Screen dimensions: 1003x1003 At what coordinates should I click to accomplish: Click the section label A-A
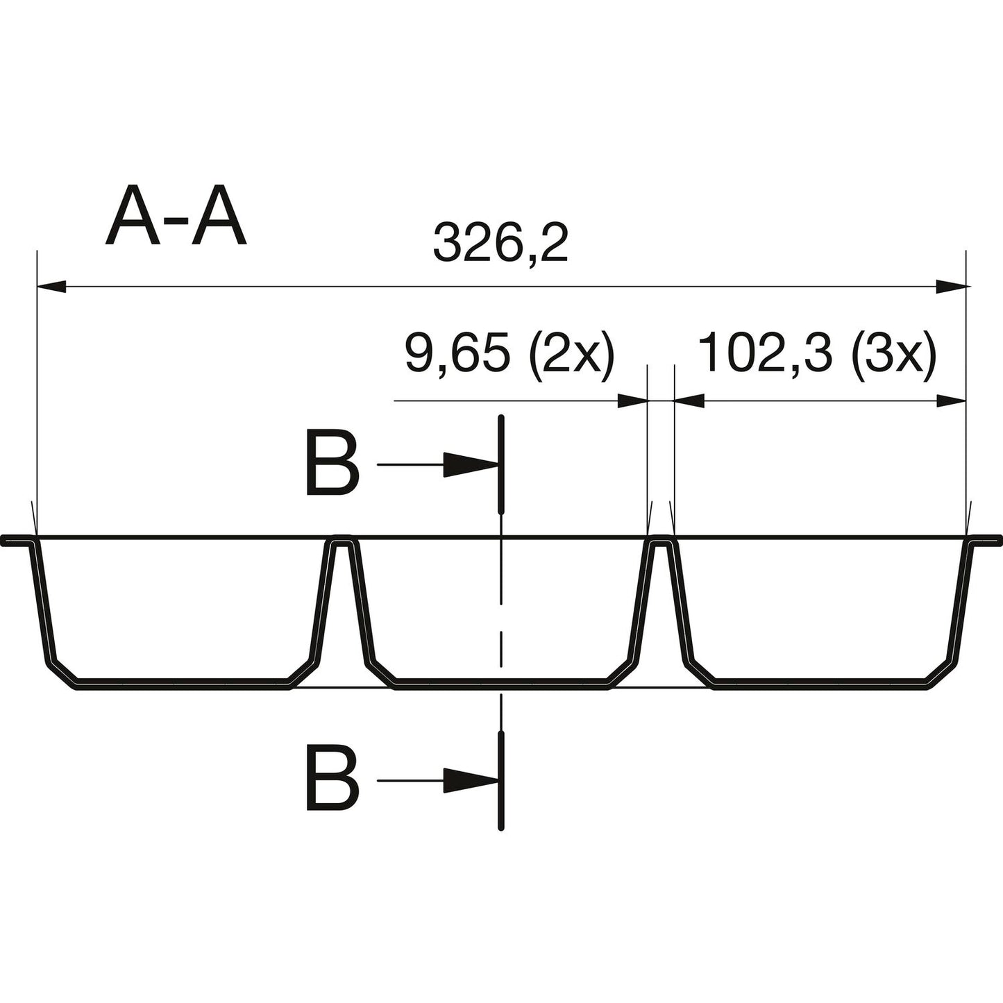point(176,217)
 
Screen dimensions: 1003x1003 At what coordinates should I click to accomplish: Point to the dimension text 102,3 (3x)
point(818,355)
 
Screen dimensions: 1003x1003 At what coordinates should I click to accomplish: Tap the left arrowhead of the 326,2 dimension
point(51,286)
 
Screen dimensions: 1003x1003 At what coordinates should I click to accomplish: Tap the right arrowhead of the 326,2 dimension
point(951,286)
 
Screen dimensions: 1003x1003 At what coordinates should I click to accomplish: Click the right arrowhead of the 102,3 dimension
point(952,401)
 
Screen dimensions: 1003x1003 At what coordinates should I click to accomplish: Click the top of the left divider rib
point(342,538)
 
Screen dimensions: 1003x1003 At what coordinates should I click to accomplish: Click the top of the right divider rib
point(661,538)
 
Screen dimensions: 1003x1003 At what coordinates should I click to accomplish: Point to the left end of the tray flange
point(6,539)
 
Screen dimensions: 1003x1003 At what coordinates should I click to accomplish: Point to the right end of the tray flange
point(998,539)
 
